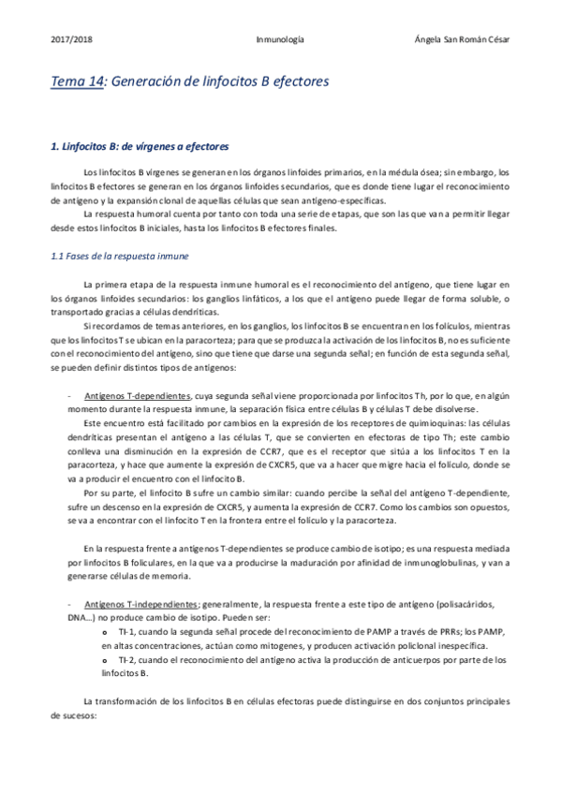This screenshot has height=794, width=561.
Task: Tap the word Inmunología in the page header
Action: coord(279,39)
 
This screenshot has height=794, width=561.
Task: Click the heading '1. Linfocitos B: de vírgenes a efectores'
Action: coord(140,147)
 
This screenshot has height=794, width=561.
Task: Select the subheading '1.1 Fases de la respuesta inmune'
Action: coord(119,256)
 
